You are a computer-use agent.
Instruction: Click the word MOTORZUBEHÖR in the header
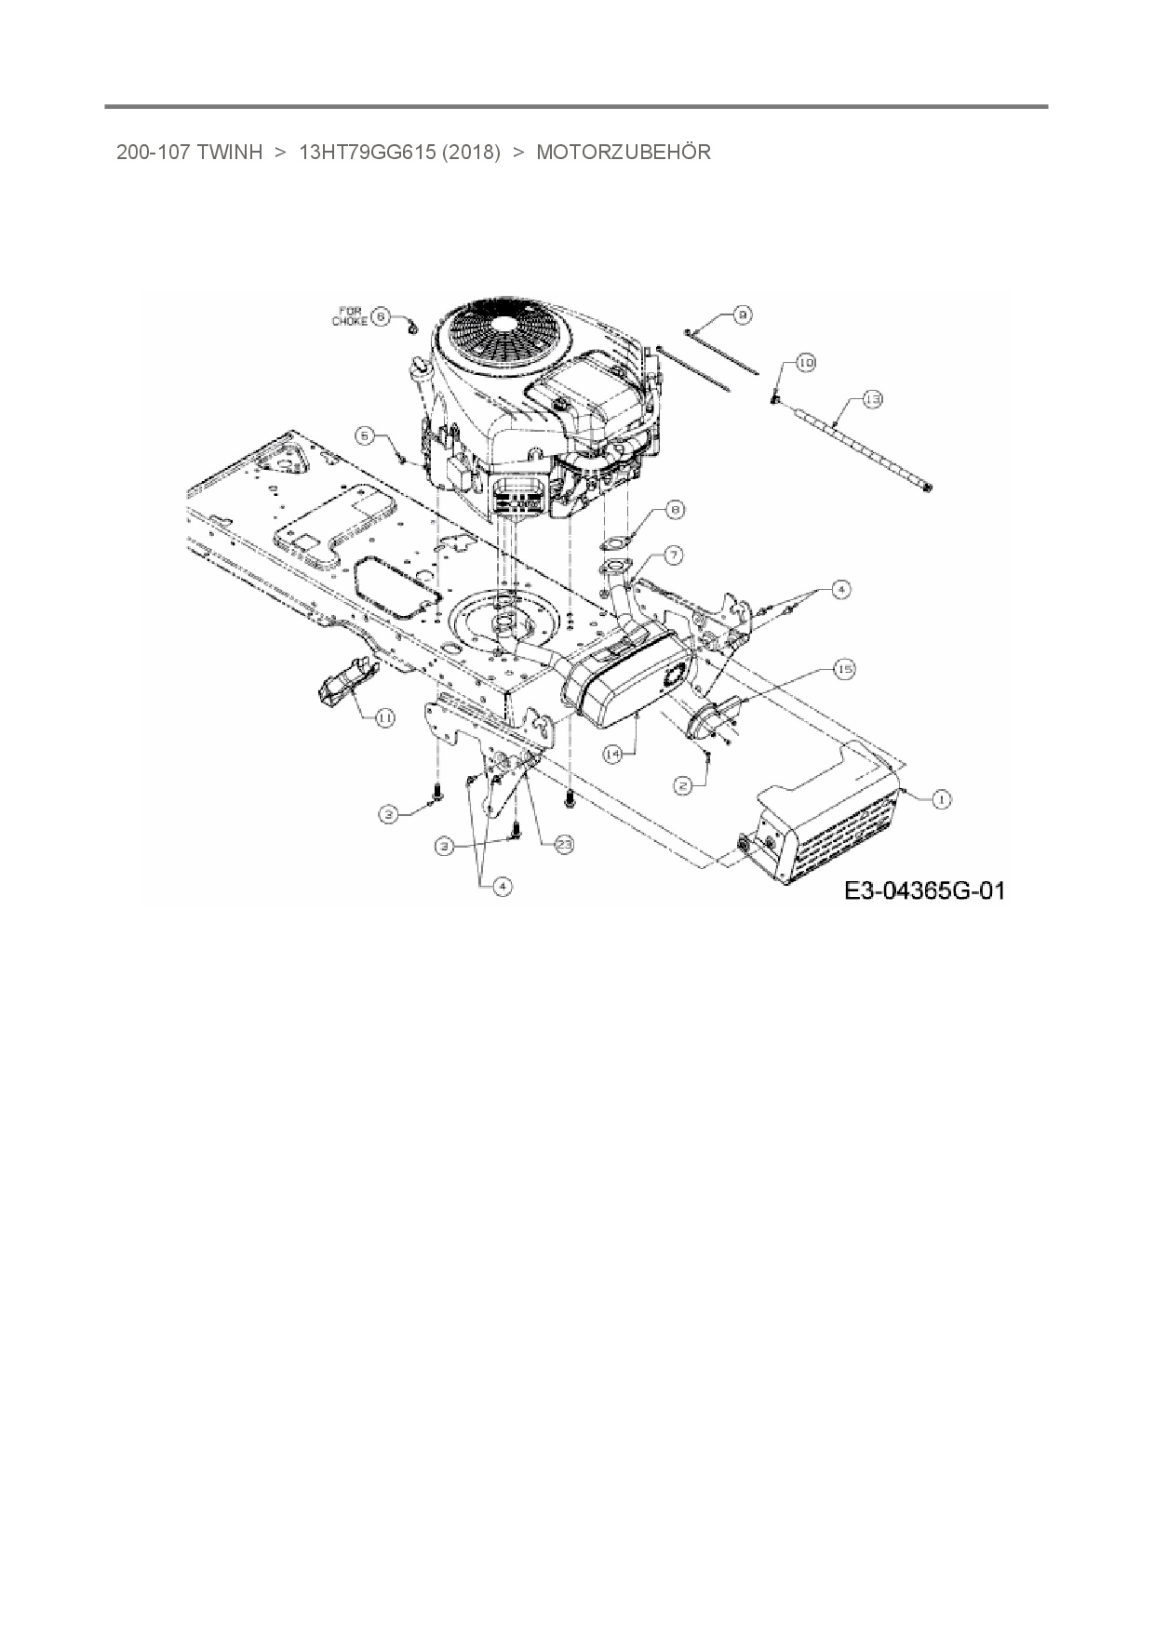pos(623,153)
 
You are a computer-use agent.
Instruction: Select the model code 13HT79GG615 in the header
pos(367,153)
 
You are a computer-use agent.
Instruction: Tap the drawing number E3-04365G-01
pos(924,890)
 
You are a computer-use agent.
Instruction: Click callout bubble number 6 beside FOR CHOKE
pos(380,316)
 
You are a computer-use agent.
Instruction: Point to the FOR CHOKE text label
pos(350,316)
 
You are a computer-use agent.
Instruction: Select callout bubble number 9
pos(742,316)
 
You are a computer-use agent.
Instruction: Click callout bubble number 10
pos(805,363)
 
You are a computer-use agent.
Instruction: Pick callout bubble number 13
pos(872,399)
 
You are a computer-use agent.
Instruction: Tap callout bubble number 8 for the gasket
pos(676,510)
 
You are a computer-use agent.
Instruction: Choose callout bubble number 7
pos(672,555)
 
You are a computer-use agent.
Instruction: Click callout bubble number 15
pos(843,669)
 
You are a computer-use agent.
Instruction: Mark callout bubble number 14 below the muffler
pos(611,755)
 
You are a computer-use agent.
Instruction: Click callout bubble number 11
pos(383,717)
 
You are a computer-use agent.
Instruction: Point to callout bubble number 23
pos(564,844)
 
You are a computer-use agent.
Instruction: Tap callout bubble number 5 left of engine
pos(366,435)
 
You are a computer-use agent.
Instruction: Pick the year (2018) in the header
pos(472,153)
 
